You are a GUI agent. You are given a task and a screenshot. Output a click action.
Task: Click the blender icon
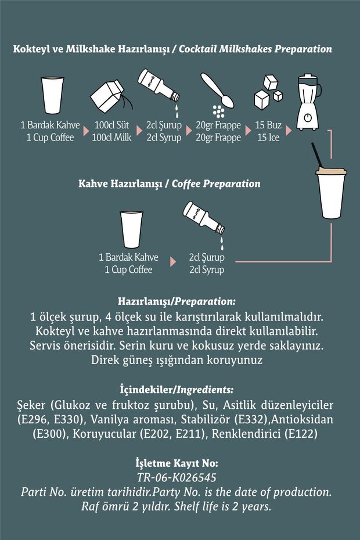(308, 102)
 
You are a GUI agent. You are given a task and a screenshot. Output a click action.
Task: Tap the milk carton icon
(110, 96)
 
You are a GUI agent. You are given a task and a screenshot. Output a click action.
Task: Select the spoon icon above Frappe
(218, 91)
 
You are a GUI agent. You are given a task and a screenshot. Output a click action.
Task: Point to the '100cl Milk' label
(111, 138)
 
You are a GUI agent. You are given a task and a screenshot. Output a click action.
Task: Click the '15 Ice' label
(268, 138)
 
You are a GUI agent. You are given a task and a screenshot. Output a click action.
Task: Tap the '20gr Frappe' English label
(218, 138)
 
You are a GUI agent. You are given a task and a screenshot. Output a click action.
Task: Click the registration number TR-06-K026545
(177, 478)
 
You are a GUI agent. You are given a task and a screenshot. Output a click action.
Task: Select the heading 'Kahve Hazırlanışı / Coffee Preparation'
(170, 183)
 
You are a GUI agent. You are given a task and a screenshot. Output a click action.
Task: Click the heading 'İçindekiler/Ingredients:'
(177, 390)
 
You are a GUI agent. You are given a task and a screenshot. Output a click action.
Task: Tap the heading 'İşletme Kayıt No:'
(177, 463)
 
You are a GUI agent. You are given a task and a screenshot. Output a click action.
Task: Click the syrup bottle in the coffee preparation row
(204, 218)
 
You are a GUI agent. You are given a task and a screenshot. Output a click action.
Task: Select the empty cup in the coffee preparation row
(131, 229)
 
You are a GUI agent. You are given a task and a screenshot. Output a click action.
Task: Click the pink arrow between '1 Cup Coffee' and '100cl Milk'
(86, 131)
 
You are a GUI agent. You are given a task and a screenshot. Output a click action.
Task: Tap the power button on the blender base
(308, 118)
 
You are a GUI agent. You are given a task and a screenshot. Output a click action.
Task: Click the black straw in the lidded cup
(317, 155)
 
